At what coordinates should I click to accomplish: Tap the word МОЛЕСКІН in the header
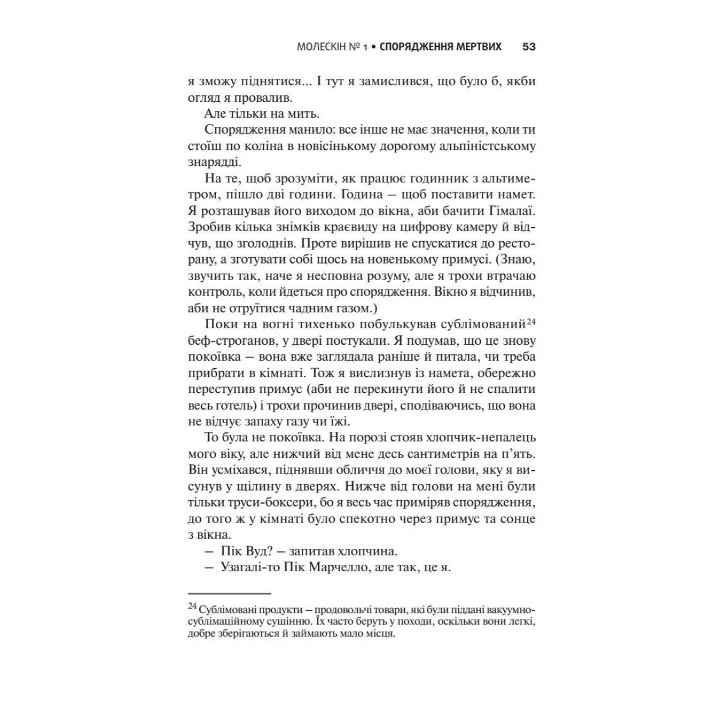point(322,46)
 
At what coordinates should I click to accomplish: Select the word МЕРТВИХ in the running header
point(479,46)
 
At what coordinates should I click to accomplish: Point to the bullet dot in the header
point(374,47)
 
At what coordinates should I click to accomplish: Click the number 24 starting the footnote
point(192,606)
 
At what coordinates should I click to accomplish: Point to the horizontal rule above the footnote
point(229,594)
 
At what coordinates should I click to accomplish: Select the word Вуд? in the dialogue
point(254,552)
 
